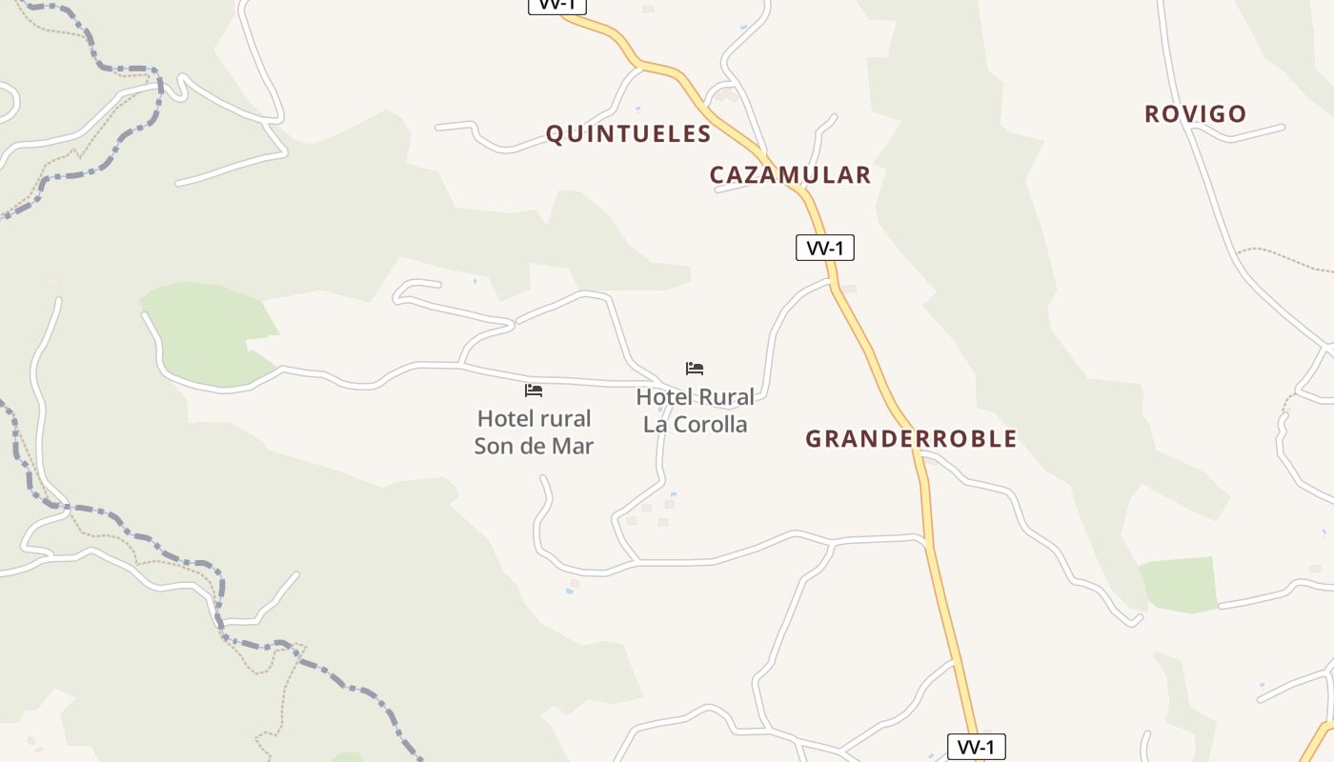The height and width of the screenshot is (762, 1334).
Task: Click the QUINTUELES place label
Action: [x=628, y=134]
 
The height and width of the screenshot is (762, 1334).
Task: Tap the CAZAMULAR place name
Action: [x=790, y=175]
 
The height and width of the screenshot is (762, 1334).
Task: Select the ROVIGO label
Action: [x=1195, y=114]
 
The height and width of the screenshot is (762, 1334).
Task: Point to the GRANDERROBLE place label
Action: [x=911, y=439]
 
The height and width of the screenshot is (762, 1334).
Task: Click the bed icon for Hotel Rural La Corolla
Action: [x=695, y=369]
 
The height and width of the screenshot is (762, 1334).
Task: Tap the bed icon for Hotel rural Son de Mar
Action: [x=534, y=391]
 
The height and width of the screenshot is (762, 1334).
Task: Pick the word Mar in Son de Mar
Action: [x=575, y=446]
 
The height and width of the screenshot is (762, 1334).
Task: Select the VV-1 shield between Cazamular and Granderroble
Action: [x=825, y=249]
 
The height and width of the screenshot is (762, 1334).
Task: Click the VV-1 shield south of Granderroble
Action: [x=977, y=747]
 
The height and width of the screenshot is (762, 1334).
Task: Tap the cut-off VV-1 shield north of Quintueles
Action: [x=557, y=6]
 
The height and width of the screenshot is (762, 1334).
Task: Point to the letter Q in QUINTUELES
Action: [x=554, y=134]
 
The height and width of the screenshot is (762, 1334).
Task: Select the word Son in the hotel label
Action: [x=494, y=446]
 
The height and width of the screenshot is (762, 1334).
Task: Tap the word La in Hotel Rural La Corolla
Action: [x=656, y=425]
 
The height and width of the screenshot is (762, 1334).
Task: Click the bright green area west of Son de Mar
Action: [x=205, y=329]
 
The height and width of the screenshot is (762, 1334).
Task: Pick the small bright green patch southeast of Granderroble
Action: [x=1180, y=584]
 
